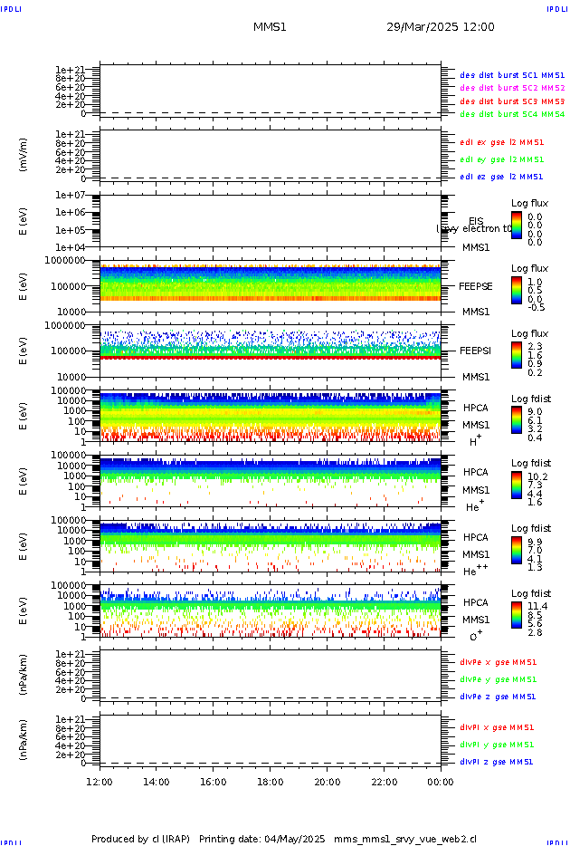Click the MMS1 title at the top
(270, 27)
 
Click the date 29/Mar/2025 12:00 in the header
(441, 27)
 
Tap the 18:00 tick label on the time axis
(270, 782)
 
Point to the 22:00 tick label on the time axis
(384, 782)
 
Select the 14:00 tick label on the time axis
(157, 782)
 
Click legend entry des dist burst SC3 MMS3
(512, 101)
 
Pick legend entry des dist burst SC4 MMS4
(512, 115)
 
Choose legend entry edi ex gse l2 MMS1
(501, 142)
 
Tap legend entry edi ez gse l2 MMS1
(501, 177)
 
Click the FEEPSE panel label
(476, 286)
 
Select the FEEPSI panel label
(476, 350)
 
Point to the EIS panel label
(476, 221)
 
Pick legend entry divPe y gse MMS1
(498, 679)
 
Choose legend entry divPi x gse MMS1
(497, 727)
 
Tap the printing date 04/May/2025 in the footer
(301, 839)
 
